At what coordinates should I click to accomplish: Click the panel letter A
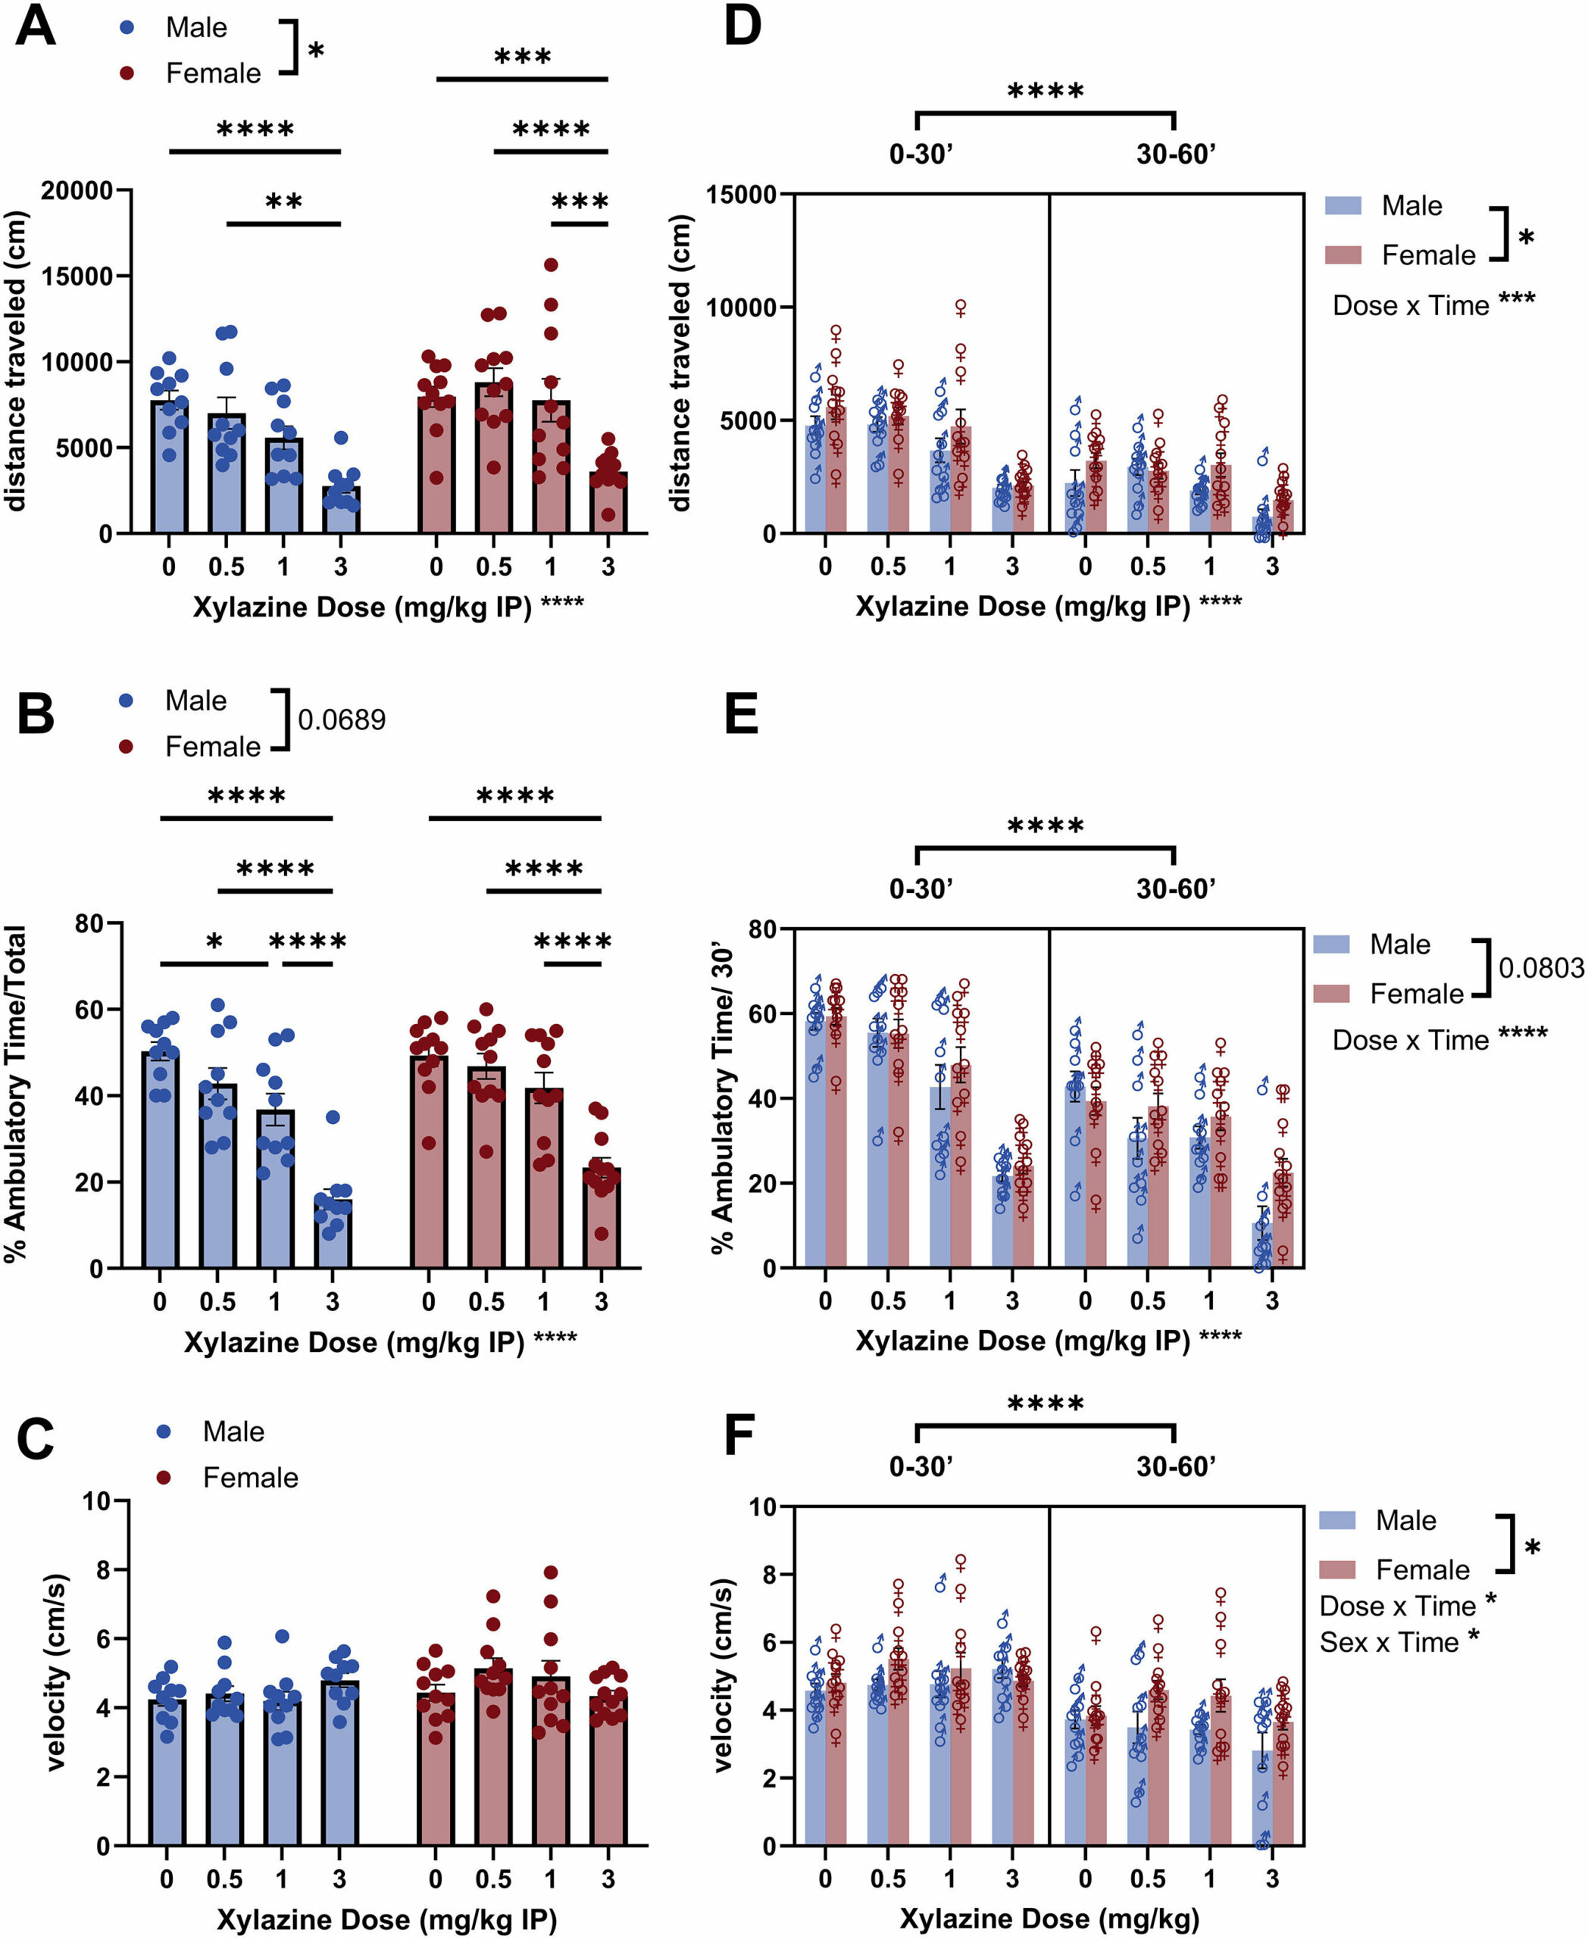pyautogui.click(x=36, y=27)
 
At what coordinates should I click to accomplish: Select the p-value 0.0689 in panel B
pyautogui.click(x=341, y=720)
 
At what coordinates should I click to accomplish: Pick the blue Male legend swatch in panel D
pyautogui.click(x=1343, y=206)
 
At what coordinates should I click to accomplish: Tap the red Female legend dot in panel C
pyautogui.click(x=164, y=1477)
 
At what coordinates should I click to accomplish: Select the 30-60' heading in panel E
pyautogui.click(x=1175, y=888)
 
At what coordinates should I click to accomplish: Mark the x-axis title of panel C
pyautogui.click(x=386, y=1918)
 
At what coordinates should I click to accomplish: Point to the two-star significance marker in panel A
pyautogui.click(x=283, y=202)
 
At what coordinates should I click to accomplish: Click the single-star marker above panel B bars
pyautogui.click(x=214, y=942)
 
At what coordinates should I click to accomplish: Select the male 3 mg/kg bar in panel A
pyautogui.click(x=340, y=508)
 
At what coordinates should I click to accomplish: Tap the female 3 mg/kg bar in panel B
pyautogui.click(x=601, y=1216)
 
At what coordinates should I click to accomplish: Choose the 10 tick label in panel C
pyautogui.click(x=96, y=1502)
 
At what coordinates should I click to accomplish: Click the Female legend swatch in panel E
pyautogui.click(x=1331, y=993)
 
